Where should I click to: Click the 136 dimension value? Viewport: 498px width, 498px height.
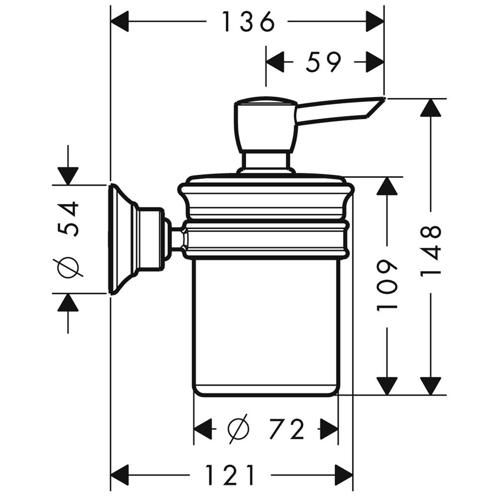coord(248,21)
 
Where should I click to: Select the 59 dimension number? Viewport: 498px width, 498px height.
coord(323,62)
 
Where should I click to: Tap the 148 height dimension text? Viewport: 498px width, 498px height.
coord(431,251)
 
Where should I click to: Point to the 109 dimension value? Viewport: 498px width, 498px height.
coord(387,285)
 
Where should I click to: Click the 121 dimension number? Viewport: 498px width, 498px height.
coord(230,475)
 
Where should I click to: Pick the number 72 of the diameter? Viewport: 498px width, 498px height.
coord(287,429)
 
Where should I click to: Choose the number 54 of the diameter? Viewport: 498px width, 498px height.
coord(68,219)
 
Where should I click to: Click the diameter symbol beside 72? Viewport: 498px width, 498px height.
coord(239,429)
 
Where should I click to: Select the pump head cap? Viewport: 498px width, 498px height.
coord(265,124)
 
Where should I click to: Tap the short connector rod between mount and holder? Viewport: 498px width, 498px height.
coord(177,238)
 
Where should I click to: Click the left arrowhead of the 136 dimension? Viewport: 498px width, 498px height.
coord(120,21)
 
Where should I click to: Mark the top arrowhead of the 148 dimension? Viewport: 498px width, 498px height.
coord(431,108)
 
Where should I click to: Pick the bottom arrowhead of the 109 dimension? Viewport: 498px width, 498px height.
coord(387,386)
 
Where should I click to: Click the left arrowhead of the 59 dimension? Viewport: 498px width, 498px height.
coord(275,62)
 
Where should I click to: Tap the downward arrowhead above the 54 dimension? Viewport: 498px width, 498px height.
coord(68,176)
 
